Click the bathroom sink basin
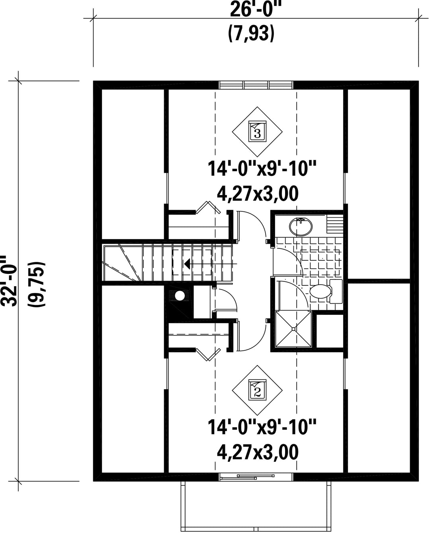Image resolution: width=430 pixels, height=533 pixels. click(x=301, y=226)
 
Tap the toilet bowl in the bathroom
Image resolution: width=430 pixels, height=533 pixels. click(x=320, y=291)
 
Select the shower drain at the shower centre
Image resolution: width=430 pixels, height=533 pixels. click(x=293, y=329)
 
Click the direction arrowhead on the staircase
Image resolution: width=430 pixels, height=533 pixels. click(x=187, y=264)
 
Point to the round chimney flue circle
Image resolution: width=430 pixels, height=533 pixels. click(x=180, y=296)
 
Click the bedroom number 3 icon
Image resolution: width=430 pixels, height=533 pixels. click(x=257, y=131)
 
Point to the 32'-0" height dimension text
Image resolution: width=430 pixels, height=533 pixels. click(x=10, y=281)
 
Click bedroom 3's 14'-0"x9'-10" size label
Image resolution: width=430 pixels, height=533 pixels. click(x=262, y=169)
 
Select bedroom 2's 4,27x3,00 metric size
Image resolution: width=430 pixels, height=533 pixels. click(x=258, y=452)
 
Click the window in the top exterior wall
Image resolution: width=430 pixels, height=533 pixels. click(x=256, y=85)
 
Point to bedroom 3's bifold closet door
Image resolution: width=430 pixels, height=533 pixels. click(x=208, y=207)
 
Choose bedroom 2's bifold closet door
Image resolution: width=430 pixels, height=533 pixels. click(x=208, y=354)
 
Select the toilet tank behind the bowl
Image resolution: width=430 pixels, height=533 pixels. click(x=336, y=291)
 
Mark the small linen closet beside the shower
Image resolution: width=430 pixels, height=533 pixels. click(x=330, y=331)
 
